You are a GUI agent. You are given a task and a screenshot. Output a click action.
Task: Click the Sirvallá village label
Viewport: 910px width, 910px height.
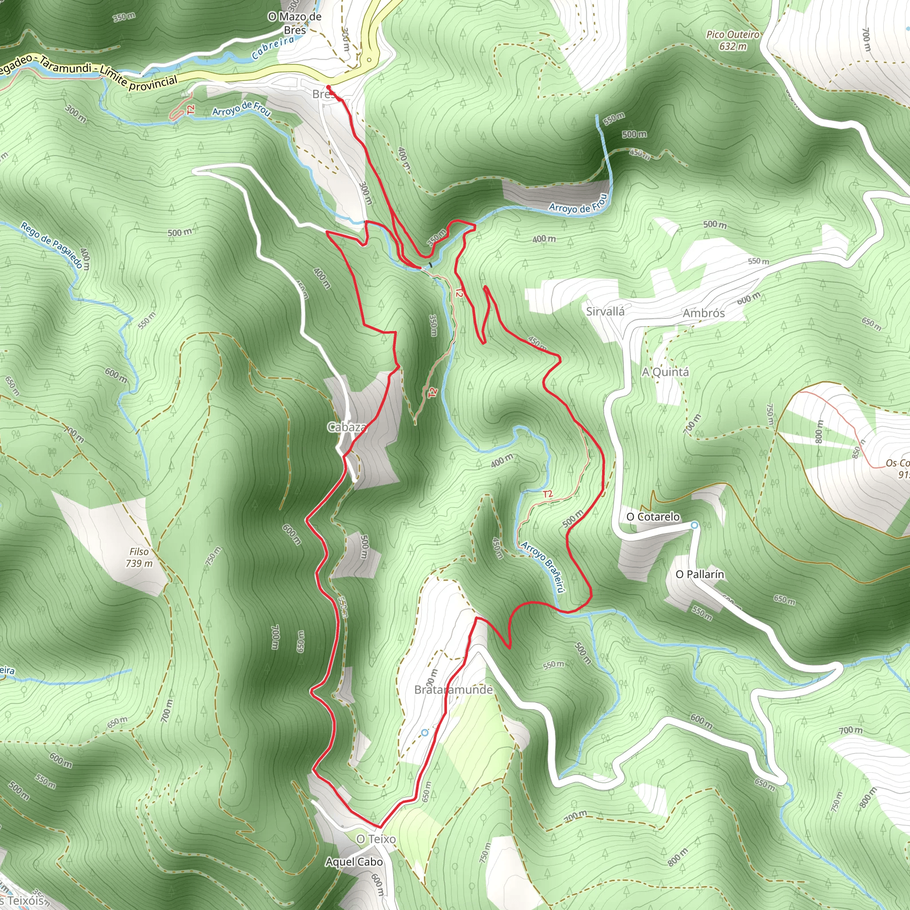[605, 311]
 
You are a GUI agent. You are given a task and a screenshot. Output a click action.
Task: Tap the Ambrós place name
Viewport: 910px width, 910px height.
[704, 313]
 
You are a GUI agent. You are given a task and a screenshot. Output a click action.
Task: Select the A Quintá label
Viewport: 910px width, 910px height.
[665, 372]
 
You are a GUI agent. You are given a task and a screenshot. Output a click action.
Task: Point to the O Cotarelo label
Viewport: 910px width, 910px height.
[653, 517]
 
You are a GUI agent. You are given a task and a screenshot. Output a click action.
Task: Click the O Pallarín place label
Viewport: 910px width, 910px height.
[699, 574]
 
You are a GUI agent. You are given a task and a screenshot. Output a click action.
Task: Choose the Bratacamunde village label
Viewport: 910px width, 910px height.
[454, 690]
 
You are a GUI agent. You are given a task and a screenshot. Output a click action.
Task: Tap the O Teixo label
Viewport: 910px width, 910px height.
[376, 839]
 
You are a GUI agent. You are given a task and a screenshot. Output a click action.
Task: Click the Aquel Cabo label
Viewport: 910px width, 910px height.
[354, 862]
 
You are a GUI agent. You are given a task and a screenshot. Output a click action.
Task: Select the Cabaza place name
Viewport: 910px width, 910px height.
[347, 427]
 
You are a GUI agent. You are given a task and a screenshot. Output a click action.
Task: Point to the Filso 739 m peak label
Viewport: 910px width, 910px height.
[139, 557]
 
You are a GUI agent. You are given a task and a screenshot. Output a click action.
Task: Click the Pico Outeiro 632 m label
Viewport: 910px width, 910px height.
[732, 40]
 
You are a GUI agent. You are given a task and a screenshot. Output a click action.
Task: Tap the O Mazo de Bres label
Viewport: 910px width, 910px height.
[295, 23]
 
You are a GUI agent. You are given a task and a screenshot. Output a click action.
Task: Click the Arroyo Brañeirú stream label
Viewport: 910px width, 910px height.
[543, 567]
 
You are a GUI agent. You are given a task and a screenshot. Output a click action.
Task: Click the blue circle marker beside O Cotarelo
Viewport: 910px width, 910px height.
[694, 525]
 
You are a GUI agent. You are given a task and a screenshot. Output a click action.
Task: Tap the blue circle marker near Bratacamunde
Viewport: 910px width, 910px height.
[425, 732]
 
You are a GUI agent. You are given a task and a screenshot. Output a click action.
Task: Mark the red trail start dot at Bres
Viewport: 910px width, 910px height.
[328, 88]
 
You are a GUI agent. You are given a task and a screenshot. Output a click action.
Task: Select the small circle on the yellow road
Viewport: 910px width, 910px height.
[369, 60]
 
